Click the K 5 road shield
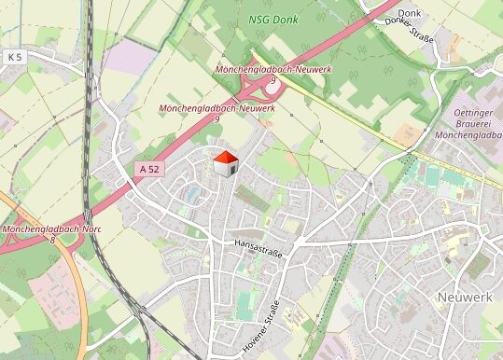click(14, 57)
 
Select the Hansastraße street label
click(258, 243)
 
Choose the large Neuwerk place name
click(464, 296)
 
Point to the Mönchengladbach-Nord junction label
click(51, 229)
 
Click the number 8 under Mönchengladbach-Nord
click(53, 240)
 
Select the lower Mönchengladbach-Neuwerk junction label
click(217, 109)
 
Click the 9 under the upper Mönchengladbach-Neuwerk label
click(273, 81)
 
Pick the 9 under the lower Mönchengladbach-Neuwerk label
click(217, 119)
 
